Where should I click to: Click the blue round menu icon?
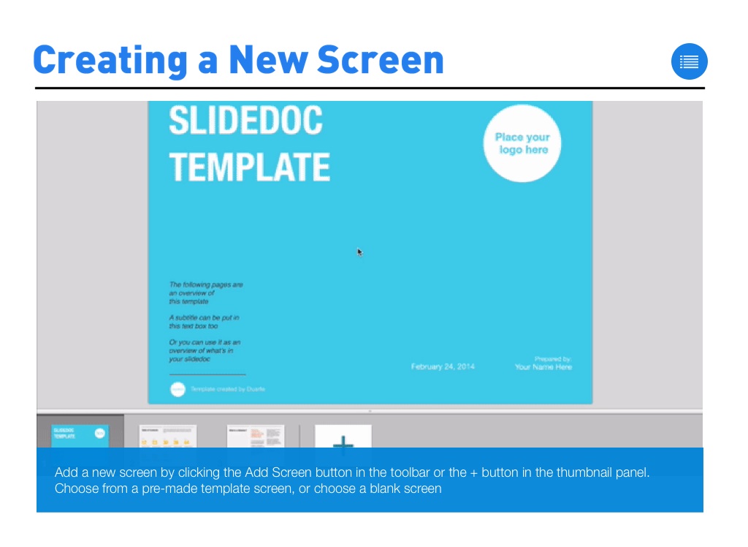(x=689, y=61)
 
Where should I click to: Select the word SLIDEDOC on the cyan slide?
(x=245, y=121)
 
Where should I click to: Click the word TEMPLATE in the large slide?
(x=249, y=167)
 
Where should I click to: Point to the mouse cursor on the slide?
(x=359, y=252)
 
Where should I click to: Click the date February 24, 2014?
(x=443, y=366)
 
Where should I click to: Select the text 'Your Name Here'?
(x=543, y=367)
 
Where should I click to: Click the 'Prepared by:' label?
(x=552, y=359)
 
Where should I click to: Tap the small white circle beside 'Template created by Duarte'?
(x=178, y=389)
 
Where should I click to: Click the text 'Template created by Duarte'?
(x=228, y=389)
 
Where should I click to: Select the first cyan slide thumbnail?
(x=80, y=436)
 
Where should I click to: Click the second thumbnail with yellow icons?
(x=168, y=436)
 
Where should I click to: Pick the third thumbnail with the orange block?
(x=255, y=436)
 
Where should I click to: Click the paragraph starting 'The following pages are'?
(x=206, y=293)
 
